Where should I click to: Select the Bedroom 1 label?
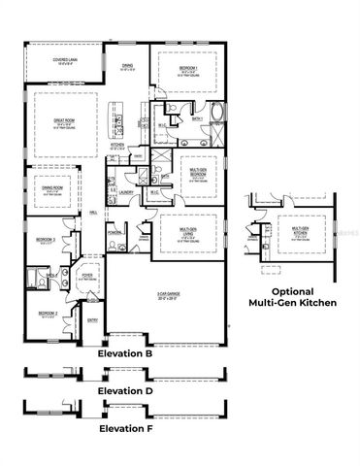189,68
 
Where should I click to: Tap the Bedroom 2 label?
47,315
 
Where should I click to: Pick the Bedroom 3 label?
46,239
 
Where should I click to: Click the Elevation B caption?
126,355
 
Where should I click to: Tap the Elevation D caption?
126,390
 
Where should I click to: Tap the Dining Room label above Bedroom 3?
51,190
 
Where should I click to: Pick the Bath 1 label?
197,118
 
